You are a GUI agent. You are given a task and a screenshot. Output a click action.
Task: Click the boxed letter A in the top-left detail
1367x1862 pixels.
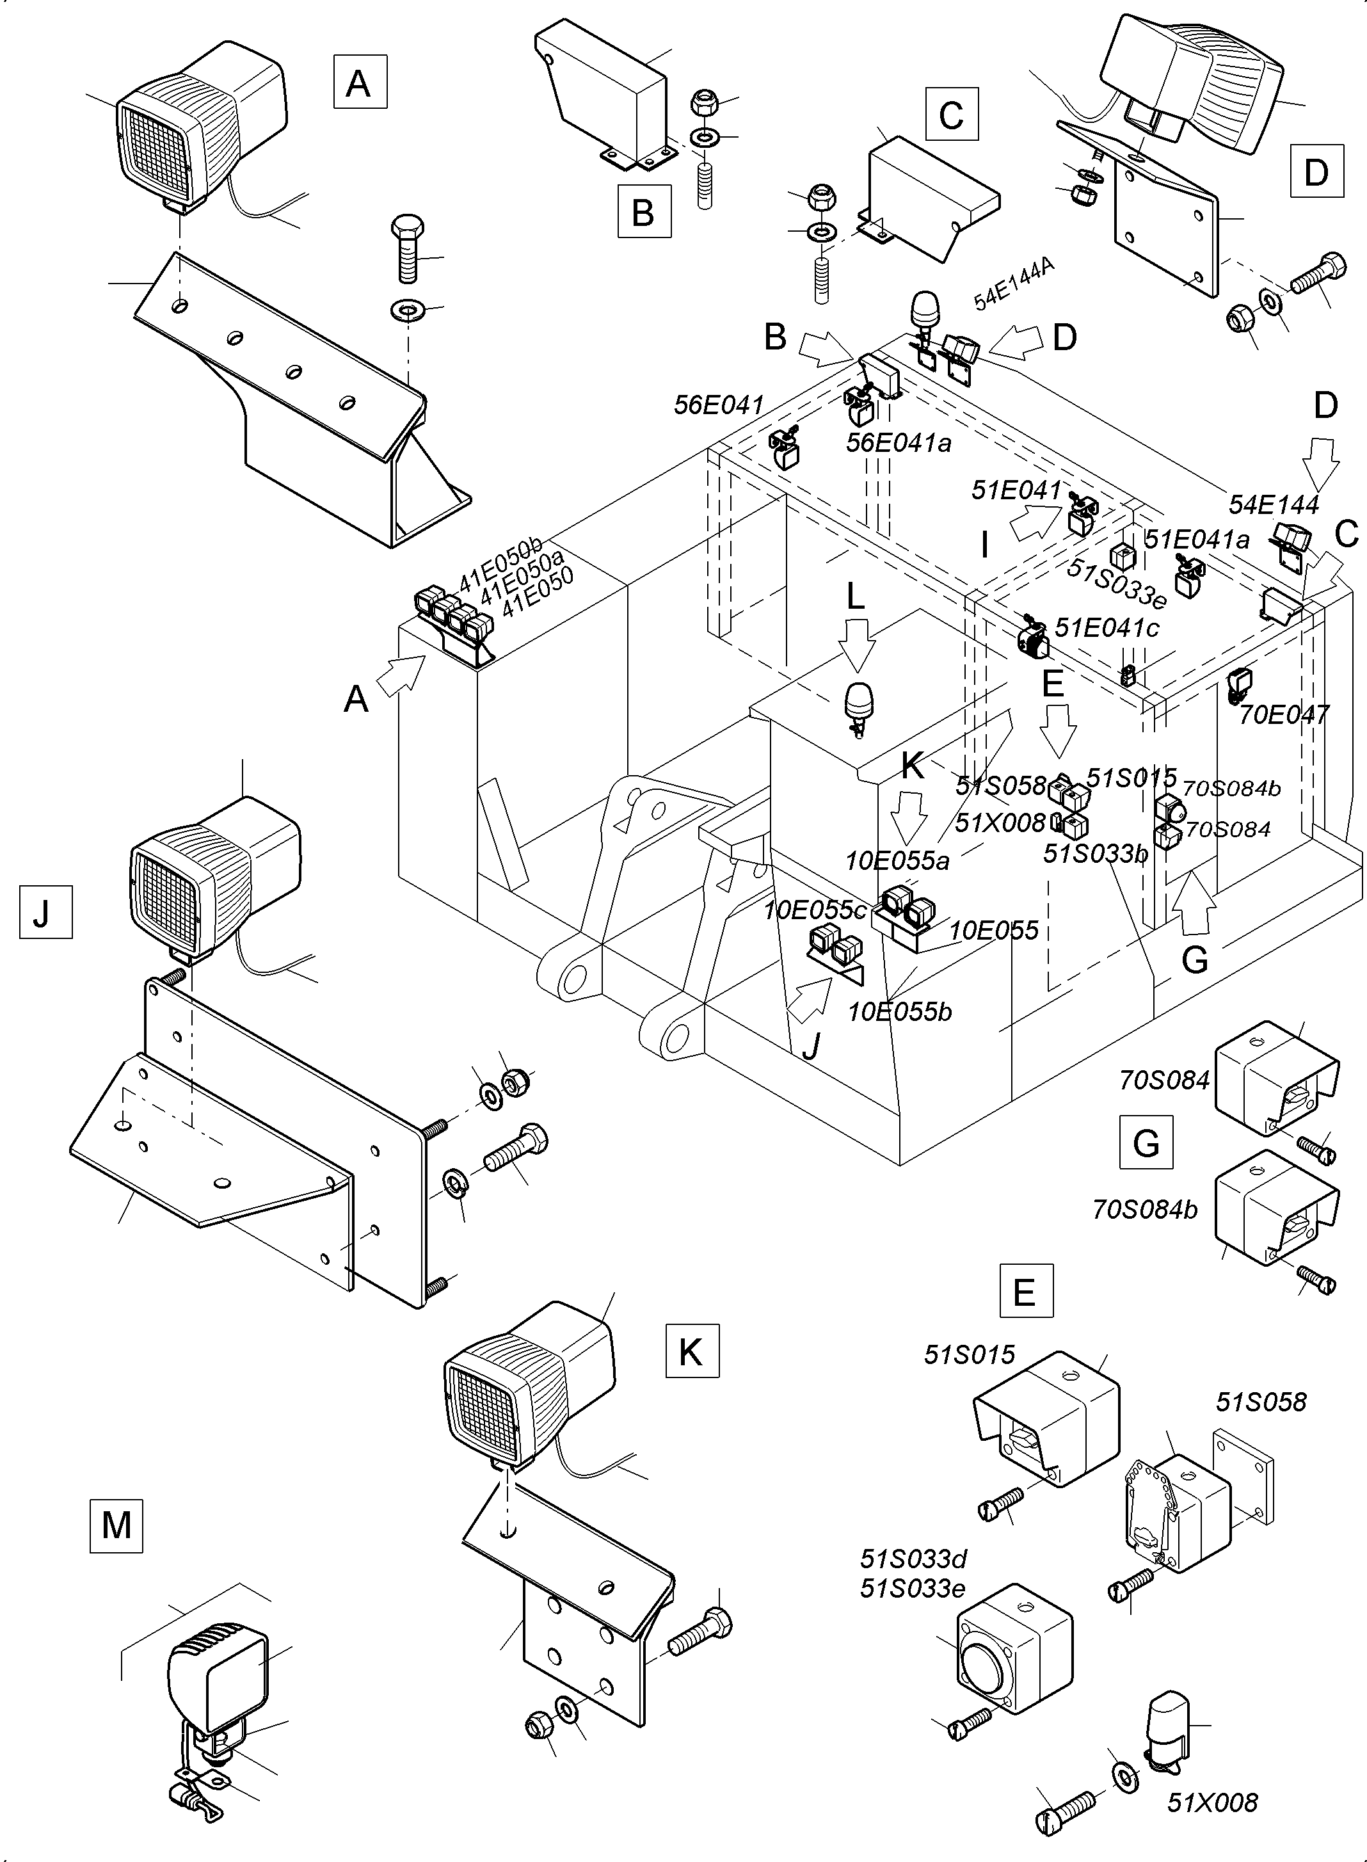pyautogui.click(x=359, y=82)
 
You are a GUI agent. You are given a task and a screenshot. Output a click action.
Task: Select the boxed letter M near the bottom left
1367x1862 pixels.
pyautogui.click(x=116, y=1525)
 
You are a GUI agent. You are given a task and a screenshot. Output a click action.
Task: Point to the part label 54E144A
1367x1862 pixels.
pyautogui.click(x=1013, y=283)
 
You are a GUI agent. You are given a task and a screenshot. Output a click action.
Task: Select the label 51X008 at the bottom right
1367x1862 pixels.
pyautogui.click(x=1211, y=1802)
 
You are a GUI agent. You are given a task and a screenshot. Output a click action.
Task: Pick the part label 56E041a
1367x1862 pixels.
pyautogui.click(x=898, y=443)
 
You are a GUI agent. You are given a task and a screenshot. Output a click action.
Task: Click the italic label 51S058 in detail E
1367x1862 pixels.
pyautogui.click(x=1260, y=1402)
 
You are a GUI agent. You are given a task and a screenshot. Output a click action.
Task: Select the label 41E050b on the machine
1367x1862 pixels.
pyautogui.click(x=500, y=565)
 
